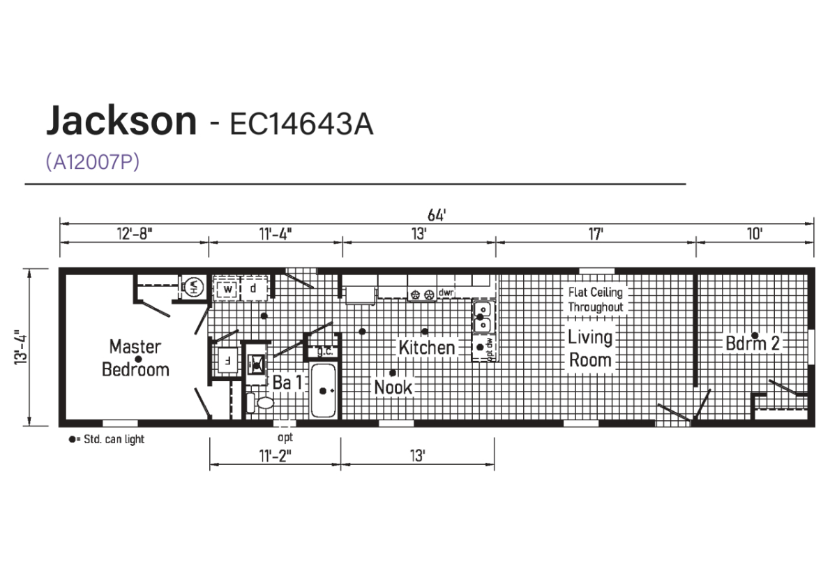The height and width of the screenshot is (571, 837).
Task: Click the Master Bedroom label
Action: [x=135, y=358]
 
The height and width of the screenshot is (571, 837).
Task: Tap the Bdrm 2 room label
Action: [x=752, y=343]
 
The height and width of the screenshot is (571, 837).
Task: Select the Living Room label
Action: [x=590, y=348]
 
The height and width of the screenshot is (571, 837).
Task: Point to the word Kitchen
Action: [x=427, y=348]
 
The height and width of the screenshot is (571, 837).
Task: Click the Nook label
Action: [x=393, y=387]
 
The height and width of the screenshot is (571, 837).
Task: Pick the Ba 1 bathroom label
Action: [x=287, y=382]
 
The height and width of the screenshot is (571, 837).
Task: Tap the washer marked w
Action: [x=227, y=289]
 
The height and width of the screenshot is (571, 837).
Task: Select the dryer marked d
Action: [x=254, y=288]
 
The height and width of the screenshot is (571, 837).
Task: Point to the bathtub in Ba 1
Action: [x=324, y=391]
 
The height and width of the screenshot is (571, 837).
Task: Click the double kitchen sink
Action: [x=483, y=318]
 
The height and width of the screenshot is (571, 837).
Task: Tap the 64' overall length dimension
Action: [x=437, y=216]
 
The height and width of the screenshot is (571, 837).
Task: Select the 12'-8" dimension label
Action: [x=135, y=234]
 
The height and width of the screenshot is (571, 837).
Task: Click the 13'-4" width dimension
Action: [x=21, y=348]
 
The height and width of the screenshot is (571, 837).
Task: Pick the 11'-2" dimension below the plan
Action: [x=275, y=456]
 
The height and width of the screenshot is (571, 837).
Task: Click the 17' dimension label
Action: [x=596, y=234]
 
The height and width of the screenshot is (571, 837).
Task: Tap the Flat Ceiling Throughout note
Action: [x=596, y=299]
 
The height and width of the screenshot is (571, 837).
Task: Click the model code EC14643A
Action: [x=301, y=124]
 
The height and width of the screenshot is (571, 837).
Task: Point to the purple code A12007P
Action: [x=93, y=161]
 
